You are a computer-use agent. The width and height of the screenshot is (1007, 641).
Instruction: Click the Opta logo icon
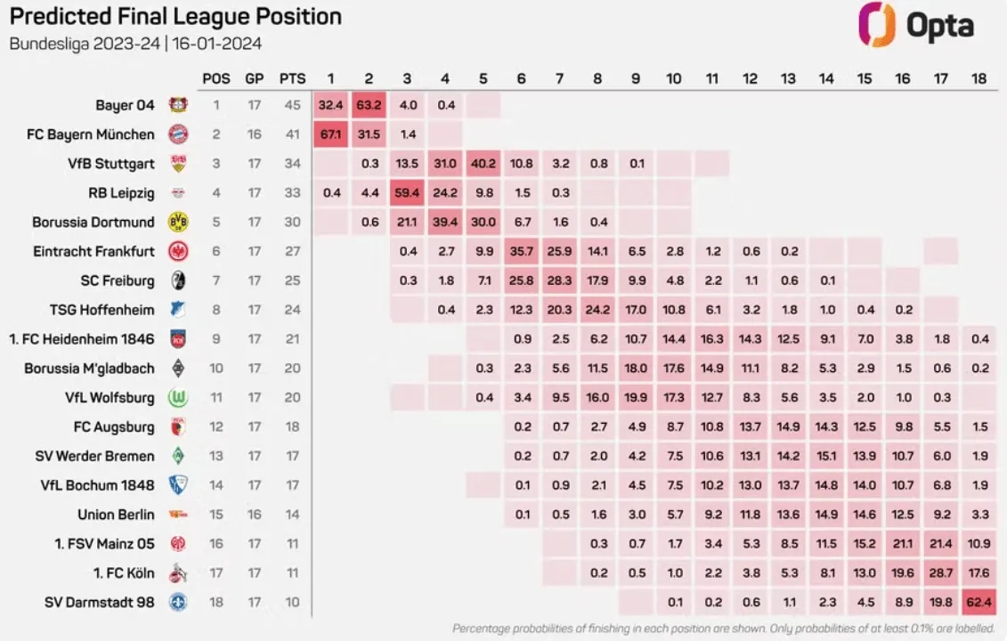876,24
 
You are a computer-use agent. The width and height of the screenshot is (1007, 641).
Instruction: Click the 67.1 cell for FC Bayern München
330,134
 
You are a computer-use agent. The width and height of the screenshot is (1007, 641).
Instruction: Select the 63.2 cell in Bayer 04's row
369,105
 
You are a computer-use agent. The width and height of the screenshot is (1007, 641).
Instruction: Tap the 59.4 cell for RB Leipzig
407,193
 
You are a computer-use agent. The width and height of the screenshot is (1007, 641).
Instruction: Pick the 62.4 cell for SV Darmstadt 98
979,603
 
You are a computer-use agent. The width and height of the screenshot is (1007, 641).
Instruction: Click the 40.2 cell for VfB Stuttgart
483,164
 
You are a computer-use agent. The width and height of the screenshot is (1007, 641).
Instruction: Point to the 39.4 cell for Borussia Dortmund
445,223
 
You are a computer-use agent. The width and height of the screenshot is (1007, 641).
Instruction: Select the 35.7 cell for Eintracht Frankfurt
522,252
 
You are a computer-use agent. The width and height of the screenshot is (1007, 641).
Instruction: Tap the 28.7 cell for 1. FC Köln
941,573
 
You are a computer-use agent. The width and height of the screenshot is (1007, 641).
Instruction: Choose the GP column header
255,78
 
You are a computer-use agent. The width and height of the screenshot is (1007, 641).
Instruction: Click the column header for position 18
979,78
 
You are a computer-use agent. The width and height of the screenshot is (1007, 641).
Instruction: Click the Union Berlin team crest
175,515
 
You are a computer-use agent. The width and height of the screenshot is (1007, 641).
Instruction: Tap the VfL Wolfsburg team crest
175,398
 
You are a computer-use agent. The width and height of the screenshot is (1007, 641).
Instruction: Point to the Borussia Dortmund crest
175,223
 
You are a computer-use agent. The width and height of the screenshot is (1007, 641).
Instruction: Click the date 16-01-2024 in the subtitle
218,43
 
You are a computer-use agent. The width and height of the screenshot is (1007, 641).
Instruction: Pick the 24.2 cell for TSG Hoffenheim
597,310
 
